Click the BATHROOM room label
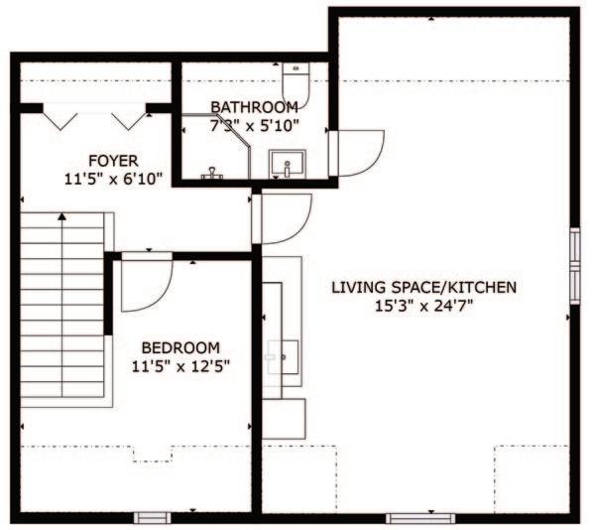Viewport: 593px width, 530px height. click(254, 107)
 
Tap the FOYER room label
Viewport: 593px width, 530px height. click(113, 161)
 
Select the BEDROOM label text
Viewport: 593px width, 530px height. click(180, 347)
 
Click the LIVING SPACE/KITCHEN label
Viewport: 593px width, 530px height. click(424, 288)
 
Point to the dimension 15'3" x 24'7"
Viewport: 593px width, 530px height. click(424, 306)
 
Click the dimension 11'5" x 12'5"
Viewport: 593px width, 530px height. click(180, 366)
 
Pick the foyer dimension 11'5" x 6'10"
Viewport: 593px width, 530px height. click(113, 179)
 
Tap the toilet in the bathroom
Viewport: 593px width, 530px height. click(296, 84)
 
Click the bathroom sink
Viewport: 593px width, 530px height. click(287, 164)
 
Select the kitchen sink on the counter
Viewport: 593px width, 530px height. click(283, 357)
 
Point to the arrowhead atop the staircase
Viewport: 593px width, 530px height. click(62, 216)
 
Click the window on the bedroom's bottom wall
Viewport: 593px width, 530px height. click(153, 517)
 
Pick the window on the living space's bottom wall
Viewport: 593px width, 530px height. click(420, 518)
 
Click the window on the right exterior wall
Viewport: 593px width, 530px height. click(575, 266)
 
